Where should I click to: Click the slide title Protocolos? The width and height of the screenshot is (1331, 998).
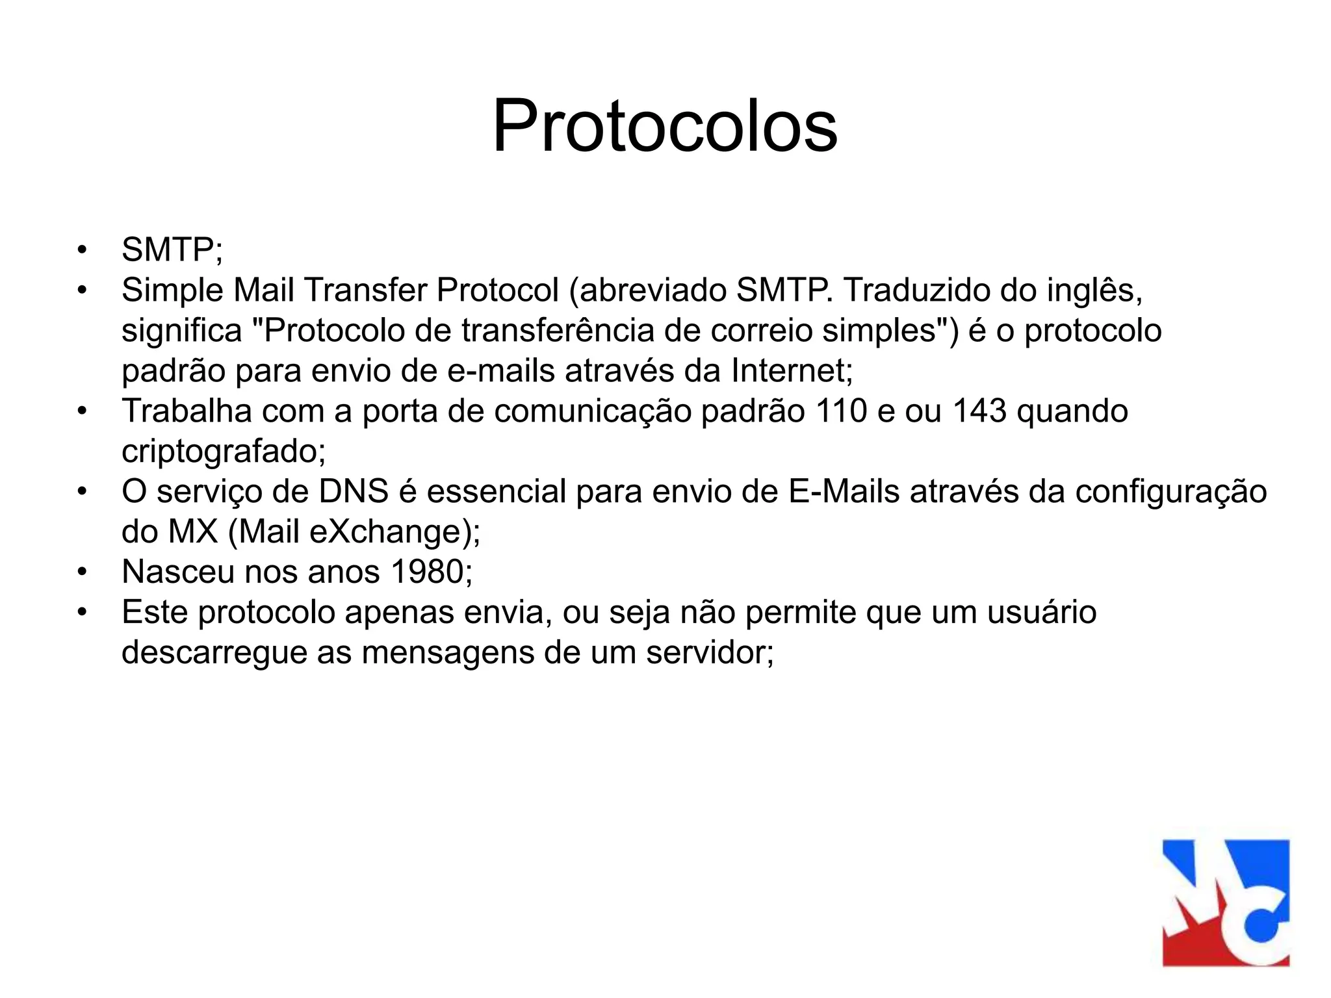pos(665,126)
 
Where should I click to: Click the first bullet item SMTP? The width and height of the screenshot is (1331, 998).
pos(172,249)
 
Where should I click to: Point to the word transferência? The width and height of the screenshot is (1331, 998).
pos(558,330)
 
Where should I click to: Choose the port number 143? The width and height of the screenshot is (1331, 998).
pos(979,411)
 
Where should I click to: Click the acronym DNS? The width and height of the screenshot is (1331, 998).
pos(354,491)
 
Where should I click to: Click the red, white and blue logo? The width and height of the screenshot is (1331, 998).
pos(1226,902)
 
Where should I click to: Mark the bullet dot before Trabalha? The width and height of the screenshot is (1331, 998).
pos(81,411)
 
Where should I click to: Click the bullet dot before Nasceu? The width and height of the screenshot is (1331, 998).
pos(81,572)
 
